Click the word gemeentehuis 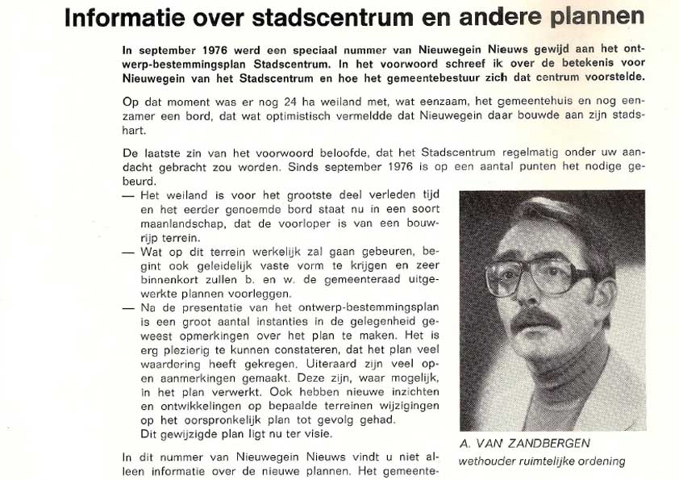[496, 106]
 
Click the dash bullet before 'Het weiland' [127, 196]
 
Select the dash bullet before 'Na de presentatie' [127, 308]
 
